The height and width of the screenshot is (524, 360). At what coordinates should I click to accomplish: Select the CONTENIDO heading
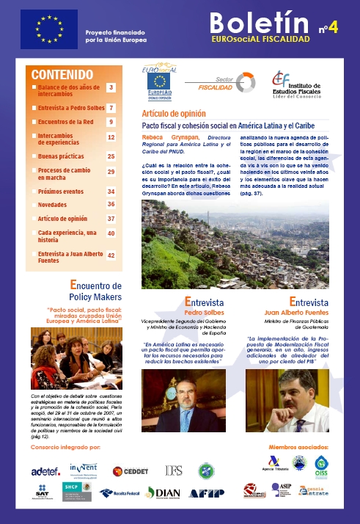(x=62, y=74)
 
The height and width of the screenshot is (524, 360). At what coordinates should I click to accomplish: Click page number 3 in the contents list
(x=111, y=87)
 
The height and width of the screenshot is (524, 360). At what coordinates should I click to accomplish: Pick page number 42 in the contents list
(x=111, y=255)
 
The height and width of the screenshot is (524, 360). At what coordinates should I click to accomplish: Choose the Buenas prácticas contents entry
(x=60, y=156)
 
